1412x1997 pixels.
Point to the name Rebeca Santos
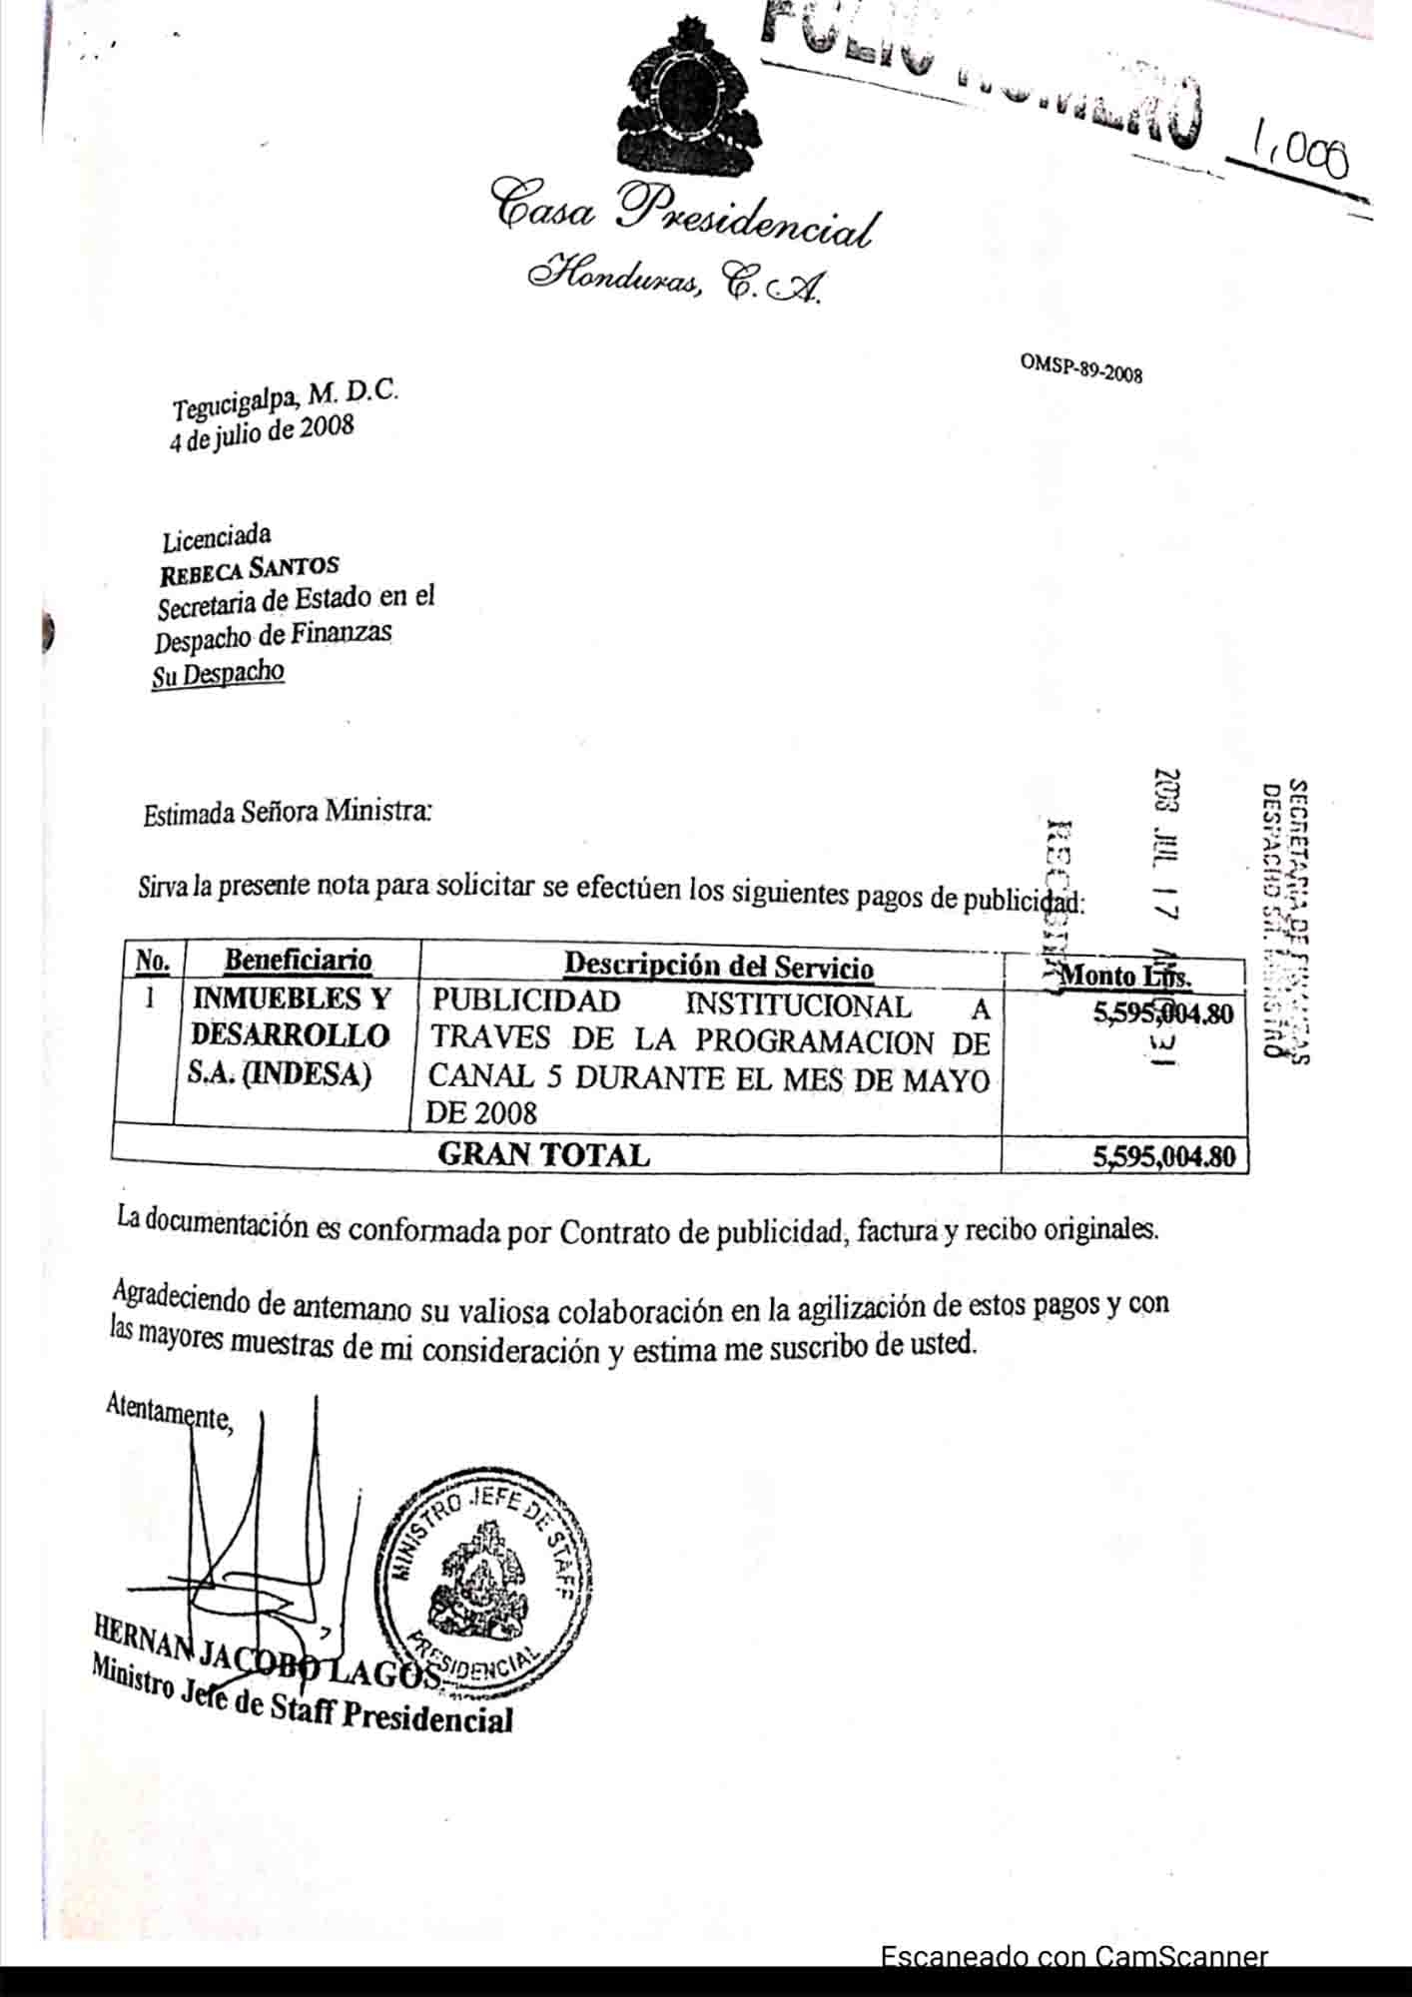coord(250,573)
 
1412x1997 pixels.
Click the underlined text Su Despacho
coord(218,674)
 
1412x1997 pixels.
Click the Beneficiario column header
coord(298,961)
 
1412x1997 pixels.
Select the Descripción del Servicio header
coord(718,966)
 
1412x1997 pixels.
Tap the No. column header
coord(153,961)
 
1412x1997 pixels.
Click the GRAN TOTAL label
coord(543,1154)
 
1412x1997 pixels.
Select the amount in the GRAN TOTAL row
coord(1163,1157)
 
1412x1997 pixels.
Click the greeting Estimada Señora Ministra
coord(288,813)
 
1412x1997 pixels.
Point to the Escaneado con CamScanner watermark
coord(1073,1958)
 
